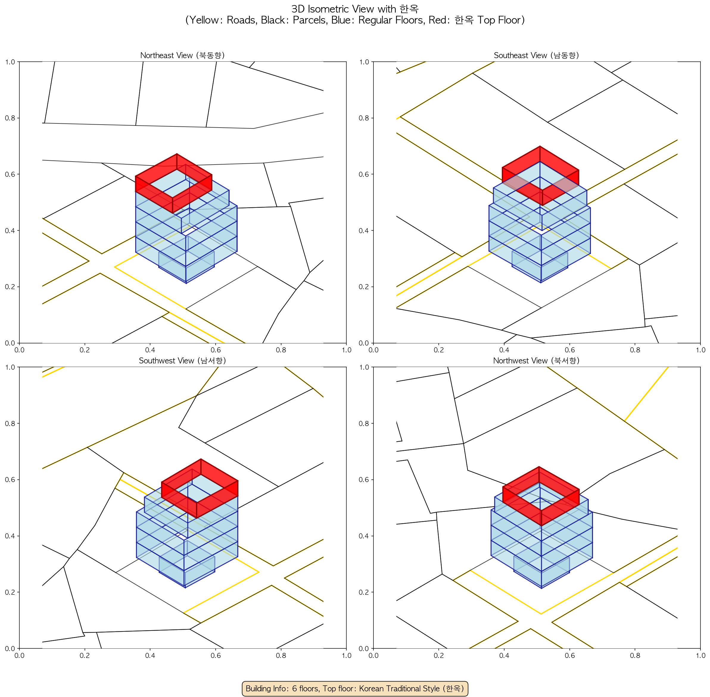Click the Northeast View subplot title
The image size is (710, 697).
(x=182, y=55)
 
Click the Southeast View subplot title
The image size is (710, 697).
(x=536, y=55)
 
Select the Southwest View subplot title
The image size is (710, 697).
(x=182, y=361)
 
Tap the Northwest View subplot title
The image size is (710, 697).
(x=536, y=361)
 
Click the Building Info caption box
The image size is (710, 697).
(x=355, y=689)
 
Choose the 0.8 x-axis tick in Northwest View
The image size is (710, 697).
(x=635, y=656)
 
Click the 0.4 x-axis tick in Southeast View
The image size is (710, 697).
(x=504, y=350)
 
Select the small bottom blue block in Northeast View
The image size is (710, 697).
(x=186, y=265)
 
